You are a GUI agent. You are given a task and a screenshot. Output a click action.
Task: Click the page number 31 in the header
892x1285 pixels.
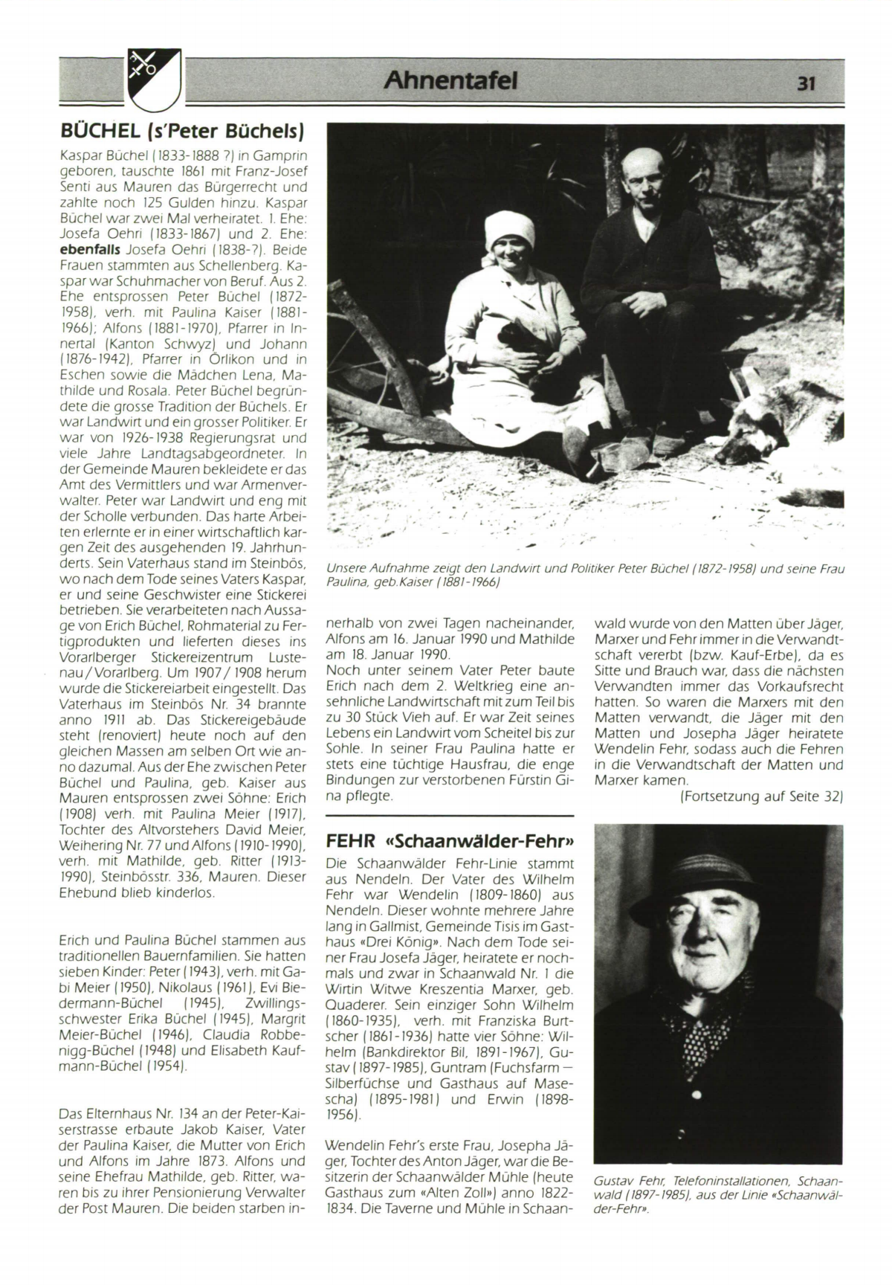807,83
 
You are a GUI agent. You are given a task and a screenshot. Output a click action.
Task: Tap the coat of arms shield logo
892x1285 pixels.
154,79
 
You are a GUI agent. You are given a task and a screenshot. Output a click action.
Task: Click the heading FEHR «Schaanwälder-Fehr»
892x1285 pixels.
450,841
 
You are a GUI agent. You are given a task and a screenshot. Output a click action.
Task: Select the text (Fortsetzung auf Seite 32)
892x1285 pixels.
761,796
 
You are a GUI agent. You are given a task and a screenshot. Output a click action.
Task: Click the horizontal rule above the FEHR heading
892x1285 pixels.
450,816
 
